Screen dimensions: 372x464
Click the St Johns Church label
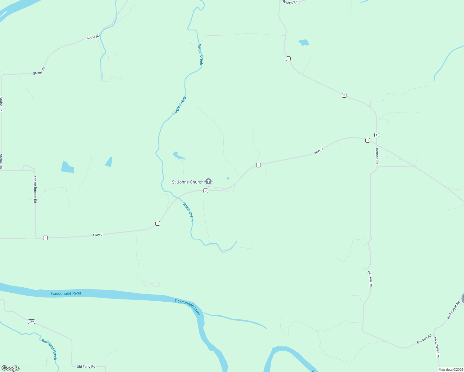(x=188, y=182)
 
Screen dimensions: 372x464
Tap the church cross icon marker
(x=208, y=182)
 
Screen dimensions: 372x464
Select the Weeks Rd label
(x=290, y=2)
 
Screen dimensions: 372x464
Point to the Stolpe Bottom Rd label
(x=35, y=189)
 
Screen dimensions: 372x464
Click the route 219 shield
(x=31, y=321)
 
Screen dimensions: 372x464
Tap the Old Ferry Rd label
(x=86, y=367)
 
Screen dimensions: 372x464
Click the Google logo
(x=11, y=368)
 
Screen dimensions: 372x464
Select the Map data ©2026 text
(x=450, y=370)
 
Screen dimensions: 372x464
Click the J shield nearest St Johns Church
(x=206, y=191)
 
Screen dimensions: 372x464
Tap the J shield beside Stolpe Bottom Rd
(x=45, y=238)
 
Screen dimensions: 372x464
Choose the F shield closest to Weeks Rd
(x=288, y=59)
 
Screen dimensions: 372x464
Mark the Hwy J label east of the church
(x=319, y=151)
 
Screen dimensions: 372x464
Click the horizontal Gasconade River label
(x=66, y=293)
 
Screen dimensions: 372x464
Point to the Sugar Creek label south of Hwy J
(x=188, y=212)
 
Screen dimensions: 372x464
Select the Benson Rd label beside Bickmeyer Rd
(x=424, y=339)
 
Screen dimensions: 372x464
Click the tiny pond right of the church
(x=228, y=178)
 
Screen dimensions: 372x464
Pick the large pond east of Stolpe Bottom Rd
(x=67, y=167)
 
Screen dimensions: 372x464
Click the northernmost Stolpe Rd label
(x=92, y=37)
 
